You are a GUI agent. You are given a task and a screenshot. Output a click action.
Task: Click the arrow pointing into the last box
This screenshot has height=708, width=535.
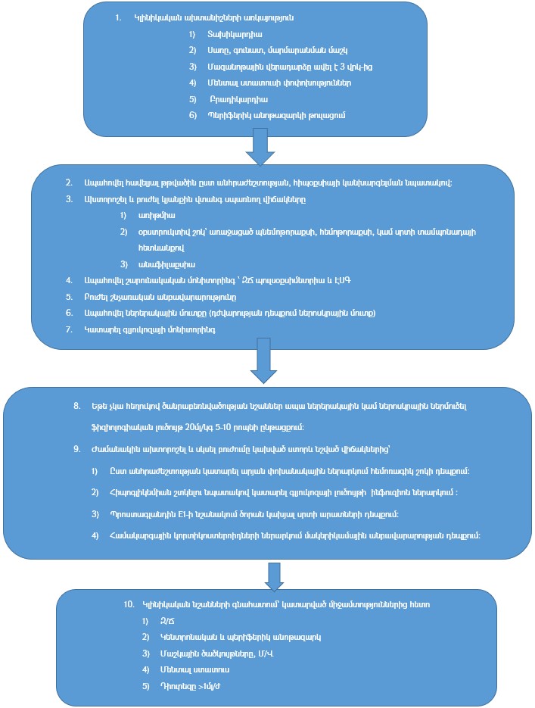275,576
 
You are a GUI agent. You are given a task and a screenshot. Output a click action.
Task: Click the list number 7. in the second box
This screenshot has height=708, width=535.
68,329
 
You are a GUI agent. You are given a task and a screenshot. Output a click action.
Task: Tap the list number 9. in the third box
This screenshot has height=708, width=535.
77,448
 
